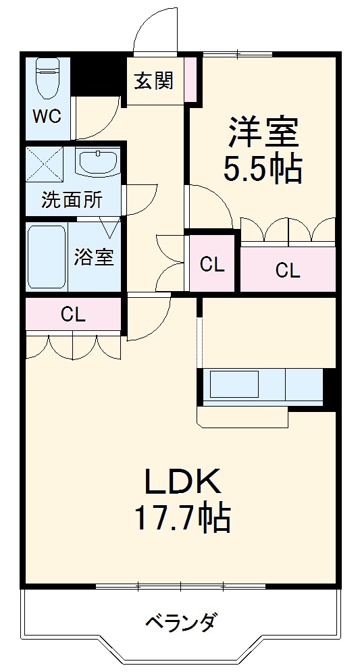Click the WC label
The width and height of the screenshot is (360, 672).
[47, 115]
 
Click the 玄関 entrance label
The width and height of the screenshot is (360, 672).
[153, 80]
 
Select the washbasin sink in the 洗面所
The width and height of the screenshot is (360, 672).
[97, 162]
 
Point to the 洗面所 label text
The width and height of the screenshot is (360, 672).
[72, 200]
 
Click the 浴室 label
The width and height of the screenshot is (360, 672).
[94, 257]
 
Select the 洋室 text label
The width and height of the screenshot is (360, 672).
[263, 132]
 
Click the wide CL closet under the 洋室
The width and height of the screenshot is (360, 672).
[288, 270]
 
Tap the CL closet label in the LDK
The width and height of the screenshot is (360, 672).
[73, 315]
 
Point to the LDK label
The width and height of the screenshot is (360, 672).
[181, 483]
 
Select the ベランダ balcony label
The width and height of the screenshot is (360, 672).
[181, 621]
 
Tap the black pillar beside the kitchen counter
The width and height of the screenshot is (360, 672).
[330, 388]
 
